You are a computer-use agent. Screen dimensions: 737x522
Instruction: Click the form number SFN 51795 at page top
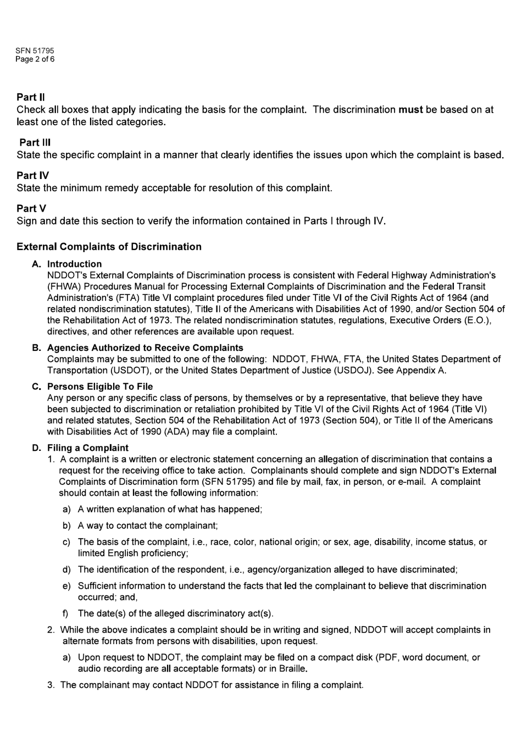[35, 51]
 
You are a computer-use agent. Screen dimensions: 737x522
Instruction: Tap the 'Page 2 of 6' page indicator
[35, 59]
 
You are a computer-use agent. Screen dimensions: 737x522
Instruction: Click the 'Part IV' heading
[32, 175]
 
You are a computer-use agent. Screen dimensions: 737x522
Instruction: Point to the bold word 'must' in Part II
[410, 109]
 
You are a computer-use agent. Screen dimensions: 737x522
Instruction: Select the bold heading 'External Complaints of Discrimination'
[109, 247]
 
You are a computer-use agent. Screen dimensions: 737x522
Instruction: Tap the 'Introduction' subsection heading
[74, 264]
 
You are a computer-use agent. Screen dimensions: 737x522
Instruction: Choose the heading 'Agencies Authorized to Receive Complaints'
[145, 348]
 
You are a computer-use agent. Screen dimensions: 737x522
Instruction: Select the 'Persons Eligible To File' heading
[100, 387]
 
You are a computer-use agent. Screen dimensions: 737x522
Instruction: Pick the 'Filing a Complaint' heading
[88, 448]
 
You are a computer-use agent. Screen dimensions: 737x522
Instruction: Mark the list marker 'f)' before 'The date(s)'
[66, 613]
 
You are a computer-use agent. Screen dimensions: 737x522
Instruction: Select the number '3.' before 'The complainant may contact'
[51, 685]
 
